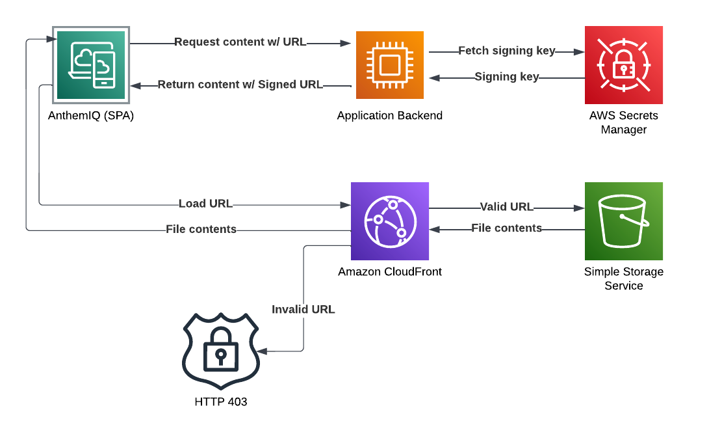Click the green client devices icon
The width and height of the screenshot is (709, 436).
coord(92,65)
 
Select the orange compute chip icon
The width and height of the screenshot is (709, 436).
coord(389,65)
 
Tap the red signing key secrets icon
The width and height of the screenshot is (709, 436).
coord(624,65)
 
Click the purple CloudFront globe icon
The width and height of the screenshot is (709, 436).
coord(390,221)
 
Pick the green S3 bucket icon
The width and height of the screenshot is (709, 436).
coord(624,221)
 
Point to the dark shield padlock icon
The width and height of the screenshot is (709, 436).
coord(221,351)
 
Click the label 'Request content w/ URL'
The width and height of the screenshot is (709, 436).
coord(240,42)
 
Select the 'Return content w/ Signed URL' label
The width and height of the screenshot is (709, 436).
coord(240,85)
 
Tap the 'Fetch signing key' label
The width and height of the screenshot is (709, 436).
coord(507,51)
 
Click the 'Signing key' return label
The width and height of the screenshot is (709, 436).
coord(507,77)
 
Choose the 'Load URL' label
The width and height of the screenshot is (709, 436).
coord(205,204)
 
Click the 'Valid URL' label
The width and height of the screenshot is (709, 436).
coord(507,207)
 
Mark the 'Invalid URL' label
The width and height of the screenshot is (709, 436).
coord(303,310)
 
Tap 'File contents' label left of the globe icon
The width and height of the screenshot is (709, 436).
coord(201,229)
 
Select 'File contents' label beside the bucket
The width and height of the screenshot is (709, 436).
coord(507,228)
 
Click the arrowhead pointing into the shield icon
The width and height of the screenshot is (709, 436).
coord(261,351)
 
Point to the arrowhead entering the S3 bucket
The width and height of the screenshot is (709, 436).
coord(579,208)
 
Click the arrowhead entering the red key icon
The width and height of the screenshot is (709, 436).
coord(579,52)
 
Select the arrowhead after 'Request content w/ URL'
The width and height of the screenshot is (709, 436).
coord(346,44)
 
